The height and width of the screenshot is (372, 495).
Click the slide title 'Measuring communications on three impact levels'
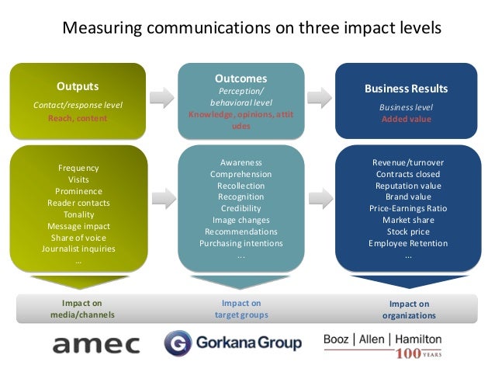pos(251,29)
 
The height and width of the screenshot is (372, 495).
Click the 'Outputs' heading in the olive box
pos(78,85)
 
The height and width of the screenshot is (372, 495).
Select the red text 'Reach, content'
pos(78,119)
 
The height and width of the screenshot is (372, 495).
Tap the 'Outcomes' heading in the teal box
pos(242,78)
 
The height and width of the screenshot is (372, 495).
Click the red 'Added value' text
pos(406,119)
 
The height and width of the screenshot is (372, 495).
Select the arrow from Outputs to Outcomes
pos(161,96)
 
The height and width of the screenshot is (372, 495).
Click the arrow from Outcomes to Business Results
pos(317,96)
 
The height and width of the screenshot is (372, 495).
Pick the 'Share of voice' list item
pos(78,238)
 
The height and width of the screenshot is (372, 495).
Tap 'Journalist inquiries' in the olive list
pos(78,249)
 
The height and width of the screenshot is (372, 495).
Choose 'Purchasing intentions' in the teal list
pos(241,244)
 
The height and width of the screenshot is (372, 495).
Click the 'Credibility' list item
pos(241,209)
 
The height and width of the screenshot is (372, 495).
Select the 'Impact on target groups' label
pos(241,309)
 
